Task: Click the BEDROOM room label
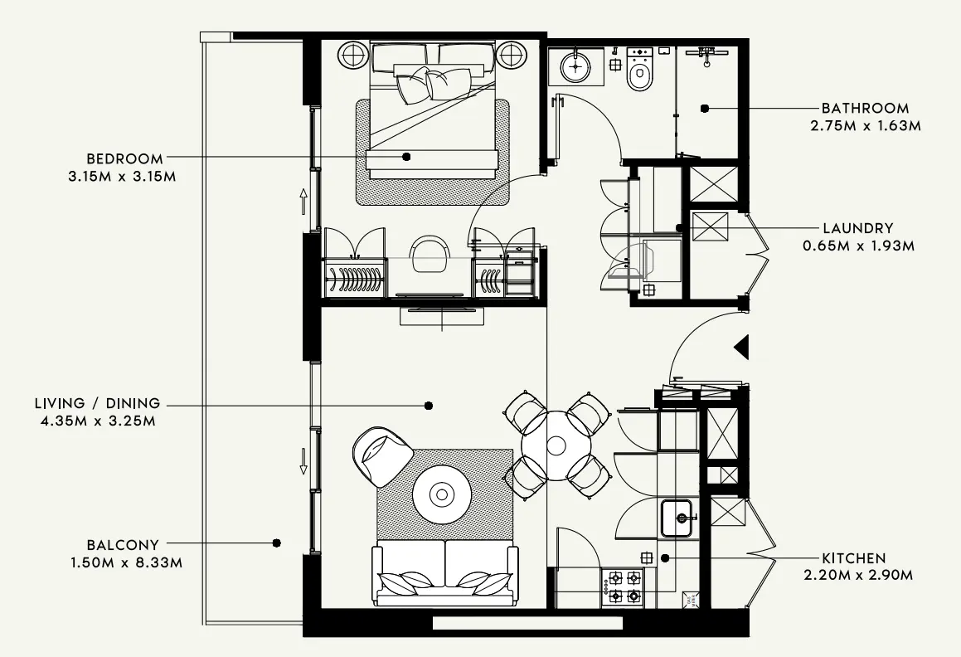point(124,158)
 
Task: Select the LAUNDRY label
point(857,228)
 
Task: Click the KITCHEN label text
point(853,558)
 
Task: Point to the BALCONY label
point(122,545)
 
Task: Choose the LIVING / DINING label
point(97,403)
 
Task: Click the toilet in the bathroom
point(639,74)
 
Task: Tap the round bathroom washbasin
point(575,66)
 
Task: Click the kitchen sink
point(680,518)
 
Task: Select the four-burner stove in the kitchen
point(625,586)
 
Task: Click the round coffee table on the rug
point(442,495)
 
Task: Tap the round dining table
point(556,445)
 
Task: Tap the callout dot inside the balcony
point(276,543)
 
